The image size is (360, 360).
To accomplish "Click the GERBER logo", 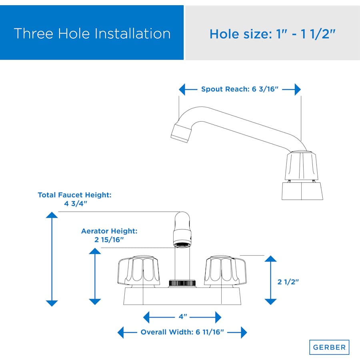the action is coord(329,347).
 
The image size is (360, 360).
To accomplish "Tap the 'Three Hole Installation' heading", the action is coord(92,34).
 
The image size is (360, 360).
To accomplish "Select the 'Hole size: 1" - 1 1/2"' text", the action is coord(272,34).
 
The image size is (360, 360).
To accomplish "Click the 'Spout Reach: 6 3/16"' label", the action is coord(240,89).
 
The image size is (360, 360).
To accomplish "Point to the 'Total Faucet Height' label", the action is coord(75,195).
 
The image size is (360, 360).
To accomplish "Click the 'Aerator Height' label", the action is coord(109,231).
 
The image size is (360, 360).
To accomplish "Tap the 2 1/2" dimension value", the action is coord(288,282).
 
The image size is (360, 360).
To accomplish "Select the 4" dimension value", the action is coord(183,317).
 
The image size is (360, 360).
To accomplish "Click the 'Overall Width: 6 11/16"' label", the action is coord(182,332).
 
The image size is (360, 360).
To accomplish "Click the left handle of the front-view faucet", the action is coord(139,271).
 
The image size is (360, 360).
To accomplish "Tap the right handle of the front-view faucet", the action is coord(225,271).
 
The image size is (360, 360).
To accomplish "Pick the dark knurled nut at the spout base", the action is coord(182,283).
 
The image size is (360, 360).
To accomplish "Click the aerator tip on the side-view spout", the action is coord(181,133).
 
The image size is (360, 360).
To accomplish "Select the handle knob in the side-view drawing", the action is coord(302,165).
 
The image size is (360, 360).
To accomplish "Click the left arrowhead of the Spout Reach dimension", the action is coord(182,89).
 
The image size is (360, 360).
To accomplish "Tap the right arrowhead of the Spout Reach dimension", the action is coord(298,89).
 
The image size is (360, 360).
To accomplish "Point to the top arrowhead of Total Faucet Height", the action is coord(52,215).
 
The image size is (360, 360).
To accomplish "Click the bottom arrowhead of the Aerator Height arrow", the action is coord(95,302).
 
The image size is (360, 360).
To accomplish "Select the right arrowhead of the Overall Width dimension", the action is coord(244,332).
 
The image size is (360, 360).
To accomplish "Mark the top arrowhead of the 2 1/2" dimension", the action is coord(270,258).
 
